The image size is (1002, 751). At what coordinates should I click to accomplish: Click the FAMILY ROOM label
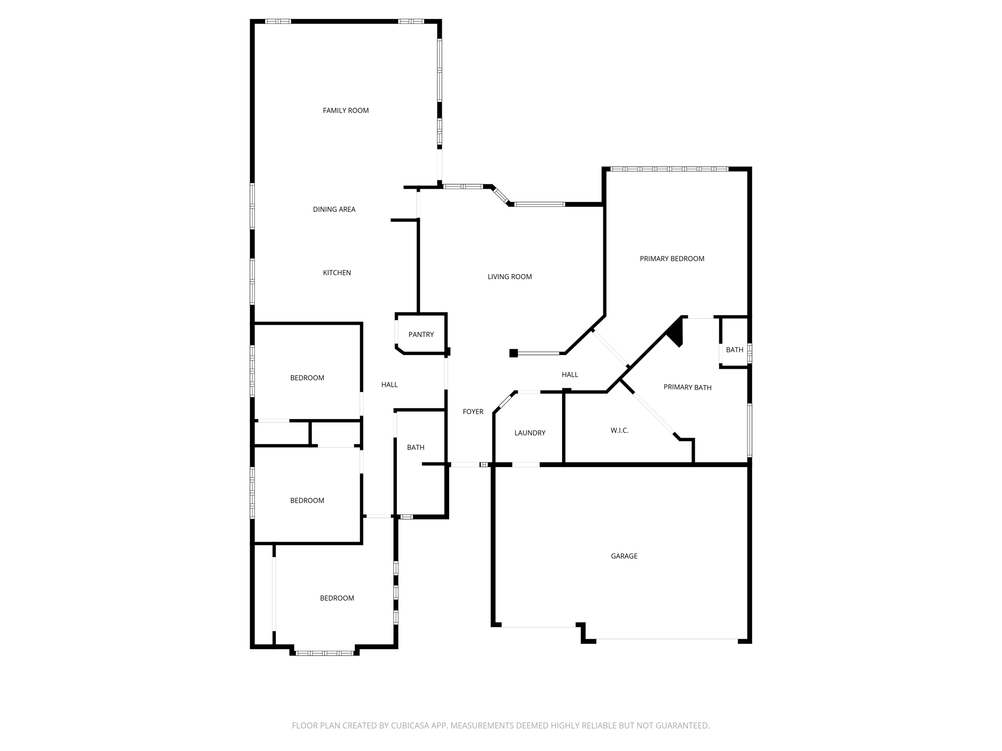coord(345,110)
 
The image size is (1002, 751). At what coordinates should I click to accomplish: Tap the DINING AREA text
coord(334,209)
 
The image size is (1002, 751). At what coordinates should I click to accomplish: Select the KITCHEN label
coord(337,273)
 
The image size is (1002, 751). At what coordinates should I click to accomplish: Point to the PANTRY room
coord(421,334)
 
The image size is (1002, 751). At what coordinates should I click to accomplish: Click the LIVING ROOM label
coord(509,277)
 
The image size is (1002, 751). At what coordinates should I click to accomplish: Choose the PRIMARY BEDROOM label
coord(672,259)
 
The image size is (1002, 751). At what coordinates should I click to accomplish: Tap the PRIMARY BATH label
coord(687,387)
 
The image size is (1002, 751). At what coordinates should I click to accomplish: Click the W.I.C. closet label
coord(619,430)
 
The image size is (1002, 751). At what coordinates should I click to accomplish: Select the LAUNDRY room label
coord(529,433)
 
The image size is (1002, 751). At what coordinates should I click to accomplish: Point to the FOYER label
coord(473,412)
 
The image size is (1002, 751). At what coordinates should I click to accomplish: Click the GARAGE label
coord(624,556)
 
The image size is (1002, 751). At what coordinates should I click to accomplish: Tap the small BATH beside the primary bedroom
coord(734,350)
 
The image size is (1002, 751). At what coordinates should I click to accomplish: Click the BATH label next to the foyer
coord(415,447)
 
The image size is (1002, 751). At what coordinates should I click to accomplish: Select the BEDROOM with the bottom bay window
coord(337,598)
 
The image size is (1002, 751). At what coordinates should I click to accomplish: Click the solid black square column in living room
coord(513,353)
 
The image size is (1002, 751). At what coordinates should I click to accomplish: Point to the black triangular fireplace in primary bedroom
coord(676,332)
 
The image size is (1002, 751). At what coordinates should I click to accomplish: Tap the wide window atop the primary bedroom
coord(669,169)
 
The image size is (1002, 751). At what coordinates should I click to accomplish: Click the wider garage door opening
coord(667,639)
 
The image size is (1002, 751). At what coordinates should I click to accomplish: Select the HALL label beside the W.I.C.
coord(569,375)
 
